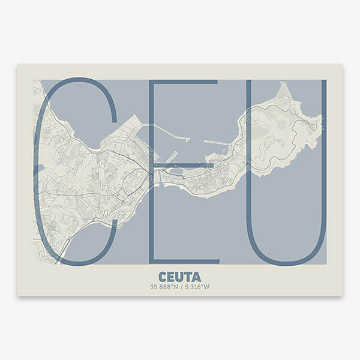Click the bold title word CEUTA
pyautogui.click(x=180, y=277)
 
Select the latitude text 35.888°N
pyautogui.click(x=164, y=287)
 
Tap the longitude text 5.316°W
pyautogui.click(x=197, y=287)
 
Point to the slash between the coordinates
pyautogui.click(x=181, y=287)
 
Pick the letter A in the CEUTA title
pyautogui.click(x=197, y=277)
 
